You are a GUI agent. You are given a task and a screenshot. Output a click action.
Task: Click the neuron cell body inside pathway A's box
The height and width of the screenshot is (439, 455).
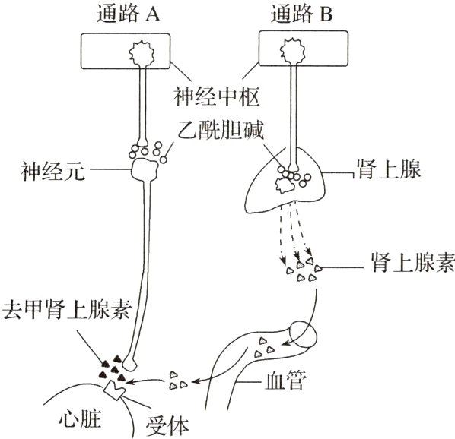141,53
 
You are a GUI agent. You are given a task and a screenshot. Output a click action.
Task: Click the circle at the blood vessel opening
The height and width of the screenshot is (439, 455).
306,333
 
